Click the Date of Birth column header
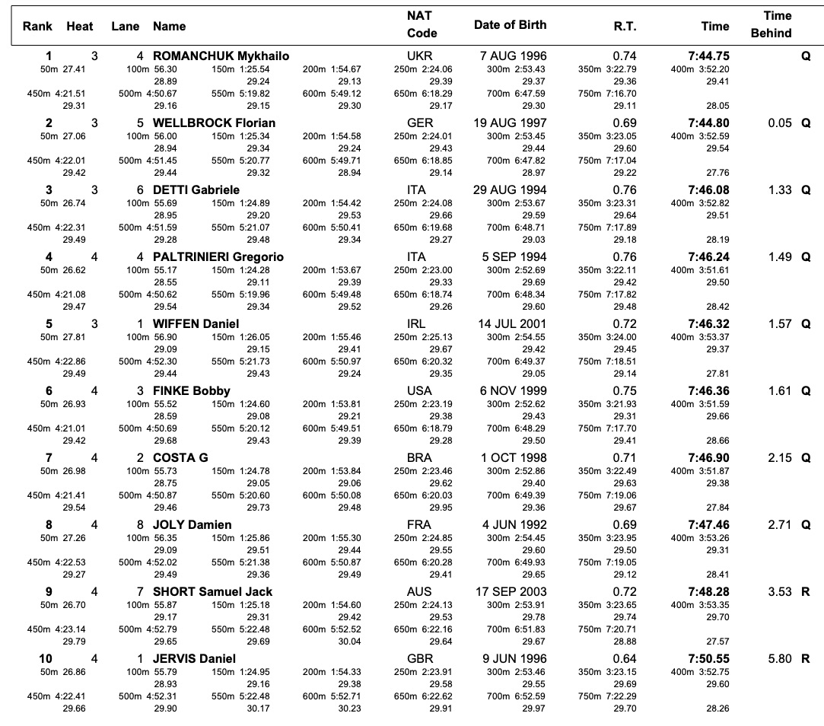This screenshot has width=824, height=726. [x=510, y=24]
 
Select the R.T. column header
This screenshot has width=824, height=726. [x=625, y=27]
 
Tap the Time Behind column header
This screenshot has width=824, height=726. [x=771, y=24]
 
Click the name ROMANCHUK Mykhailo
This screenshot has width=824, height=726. [x=221, y=56]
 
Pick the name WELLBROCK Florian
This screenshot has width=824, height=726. [x=214, y=123]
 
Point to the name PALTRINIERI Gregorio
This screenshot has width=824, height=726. [x=218, y=257]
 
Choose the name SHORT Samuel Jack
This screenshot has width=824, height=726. [x=212, y=592]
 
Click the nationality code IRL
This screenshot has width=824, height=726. [x=416, y=324]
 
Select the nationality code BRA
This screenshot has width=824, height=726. [x=419, y=458]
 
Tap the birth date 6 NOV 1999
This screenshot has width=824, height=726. [x=513, y=391]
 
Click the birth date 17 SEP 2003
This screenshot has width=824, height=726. [x=511, y=592]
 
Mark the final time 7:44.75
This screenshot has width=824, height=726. [x=708, y=56]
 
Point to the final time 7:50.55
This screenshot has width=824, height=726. [x=708, y=659]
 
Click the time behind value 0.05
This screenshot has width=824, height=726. [x=779, y=123]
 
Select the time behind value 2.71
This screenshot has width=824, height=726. [x=779, y=524]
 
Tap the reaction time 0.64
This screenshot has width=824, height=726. [x=625, y=659]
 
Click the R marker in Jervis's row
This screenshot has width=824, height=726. [x=806, y=659]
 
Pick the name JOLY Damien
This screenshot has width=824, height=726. [x=192, y=524]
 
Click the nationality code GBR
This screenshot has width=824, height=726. [x=420, y=659]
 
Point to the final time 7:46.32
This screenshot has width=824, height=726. [x=708, y=324]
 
